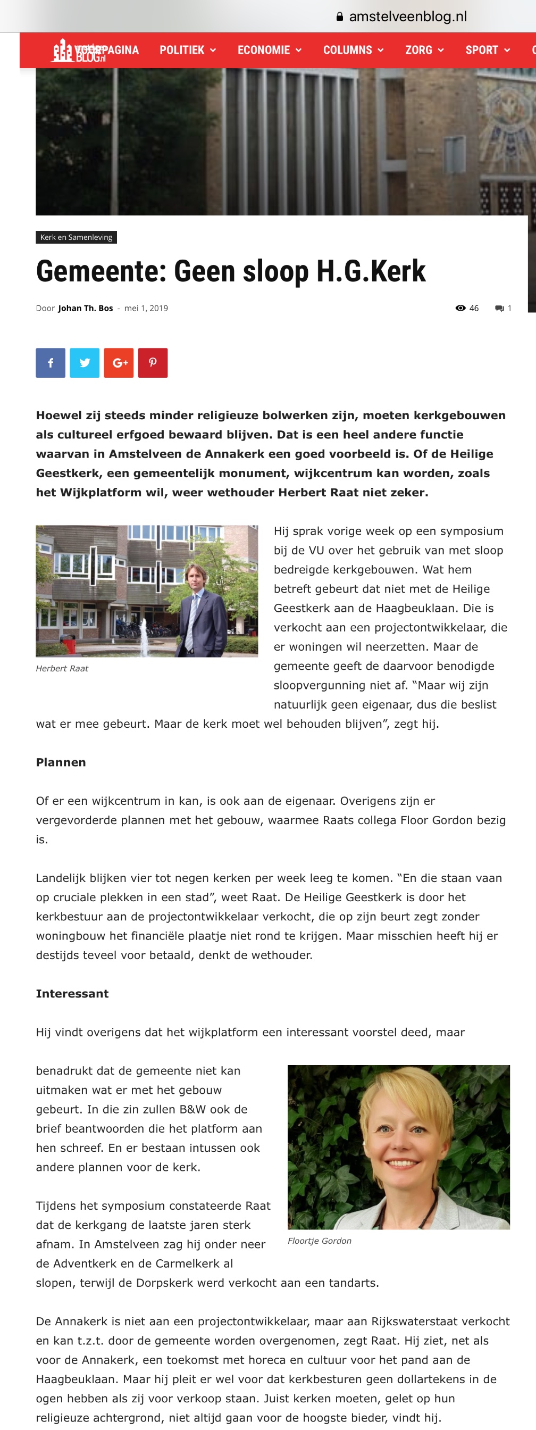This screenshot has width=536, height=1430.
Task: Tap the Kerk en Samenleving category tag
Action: point(76,237)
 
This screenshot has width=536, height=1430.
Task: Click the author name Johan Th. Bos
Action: point(86,308)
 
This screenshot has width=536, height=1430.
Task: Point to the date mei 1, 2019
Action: point(146,308)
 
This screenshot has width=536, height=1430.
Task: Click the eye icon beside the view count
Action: point(460,308)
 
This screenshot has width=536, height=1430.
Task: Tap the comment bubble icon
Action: point(499,308)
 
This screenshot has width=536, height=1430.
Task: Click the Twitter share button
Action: point(85,362)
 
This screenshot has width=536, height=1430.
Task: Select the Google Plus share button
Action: point(119,362)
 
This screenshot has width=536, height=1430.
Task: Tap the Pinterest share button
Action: point(153,362)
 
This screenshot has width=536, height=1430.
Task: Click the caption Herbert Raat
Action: point(62,668)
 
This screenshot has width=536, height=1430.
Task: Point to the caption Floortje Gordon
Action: point(319,1241)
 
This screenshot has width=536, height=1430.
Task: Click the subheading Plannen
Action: point(61,762)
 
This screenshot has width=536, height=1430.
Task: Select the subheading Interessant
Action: point(72,994)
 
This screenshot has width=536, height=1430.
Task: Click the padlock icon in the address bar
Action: point(340,16)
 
